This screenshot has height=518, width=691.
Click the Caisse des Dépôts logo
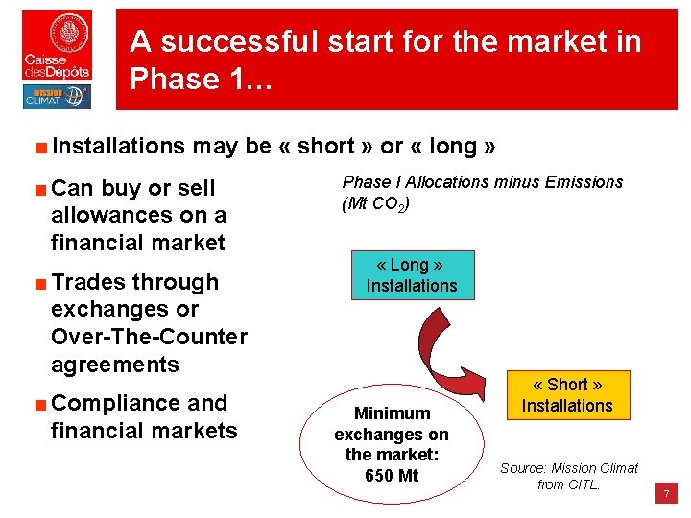(58, 45)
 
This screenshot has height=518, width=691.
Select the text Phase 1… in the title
(203, 79)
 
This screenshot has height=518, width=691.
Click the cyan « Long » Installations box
(411, 275)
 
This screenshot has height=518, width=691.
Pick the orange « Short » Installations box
(566, 395)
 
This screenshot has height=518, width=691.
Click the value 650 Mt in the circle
(392, 476)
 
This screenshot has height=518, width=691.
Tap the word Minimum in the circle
(392, 413)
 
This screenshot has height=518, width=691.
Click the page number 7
(666, 494)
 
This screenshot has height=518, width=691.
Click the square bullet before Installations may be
(40, 147)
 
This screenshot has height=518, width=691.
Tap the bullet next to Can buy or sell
(40, 189)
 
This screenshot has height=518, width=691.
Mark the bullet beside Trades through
(40, 283)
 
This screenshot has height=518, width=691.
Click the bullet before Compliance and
(40, 404)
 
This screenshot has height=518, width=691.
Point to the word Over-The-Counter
(149, 337)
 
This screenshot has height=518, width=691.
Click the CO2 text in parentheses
(387, 204)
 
